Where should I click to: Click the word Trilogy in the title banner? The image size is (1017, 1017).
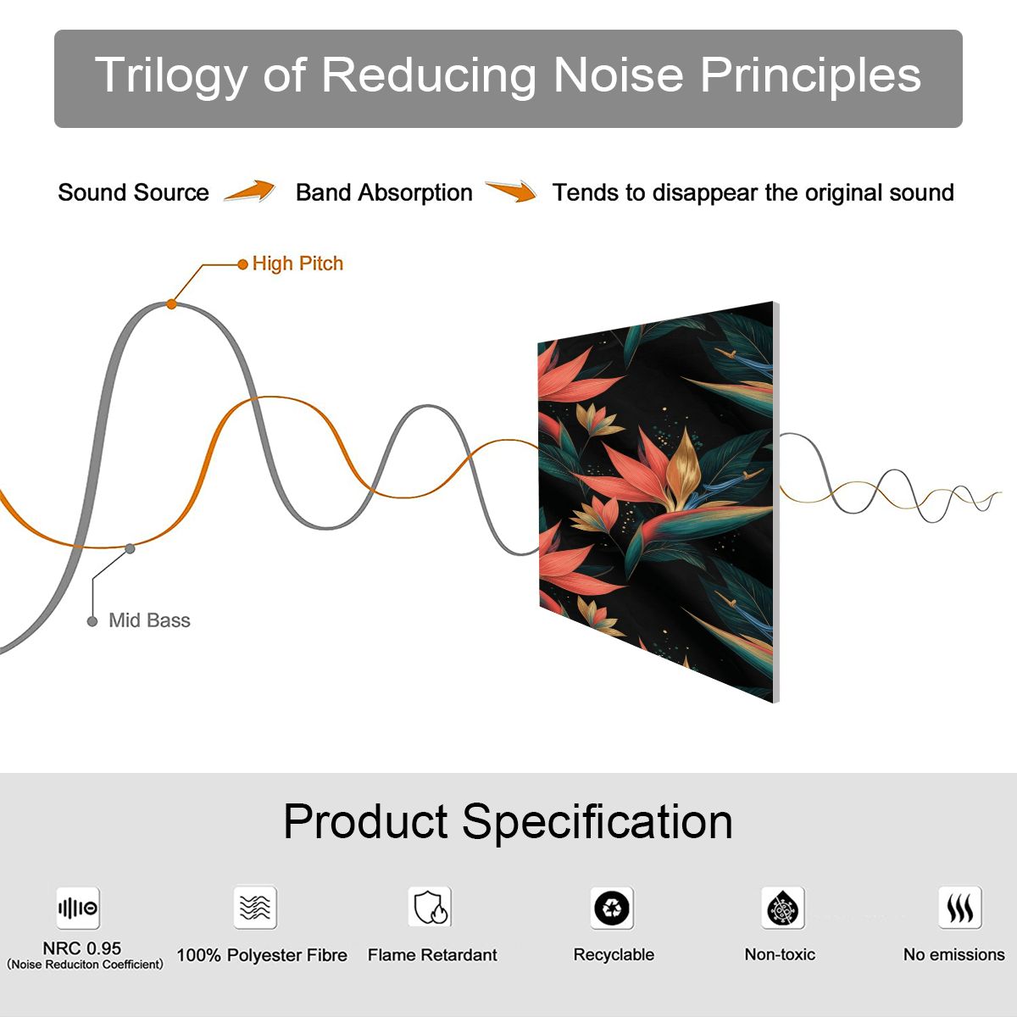(171, 76)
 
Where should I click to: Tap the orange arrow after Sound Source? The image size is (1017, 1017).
(250, 191)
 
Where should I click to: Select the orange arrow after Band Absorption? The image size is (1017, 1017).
(511, 191)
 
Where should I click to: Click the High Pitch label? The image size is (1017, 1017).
(297, 264)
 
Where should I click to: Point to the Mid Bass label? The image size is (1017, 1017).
(149, 620)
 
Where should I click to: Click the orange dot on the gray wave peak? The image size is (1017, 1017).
(171, 304)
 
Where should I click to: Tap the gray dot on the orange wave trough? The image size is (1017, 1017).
(130, 549)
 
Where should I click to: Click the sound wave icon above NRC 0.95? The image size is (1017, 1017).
(78, 908)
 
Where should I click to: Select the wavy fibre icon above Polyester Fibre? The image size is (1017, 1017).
(255, 907)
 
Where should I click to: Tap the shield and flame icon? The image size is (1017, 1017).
(431, 907)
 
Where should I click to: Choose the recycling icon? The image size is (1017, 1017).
(612, 908)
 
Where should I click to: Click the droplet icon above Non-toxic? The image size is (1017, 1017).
(783, 908)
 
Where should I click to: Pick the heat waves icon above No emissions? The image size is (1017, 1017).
(960, 907)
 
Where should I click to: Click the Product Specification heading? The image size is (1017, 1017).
(508, 822)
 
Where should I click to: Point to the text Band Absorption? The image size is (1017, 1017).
(384, 192)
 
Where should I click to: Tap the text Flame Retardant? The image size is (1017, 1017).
(432, 955)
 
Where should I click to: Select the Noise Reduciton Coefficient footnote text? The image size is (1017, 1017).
(85, 964)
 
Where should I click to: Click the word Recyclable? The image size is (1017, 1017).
(614, 955)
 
